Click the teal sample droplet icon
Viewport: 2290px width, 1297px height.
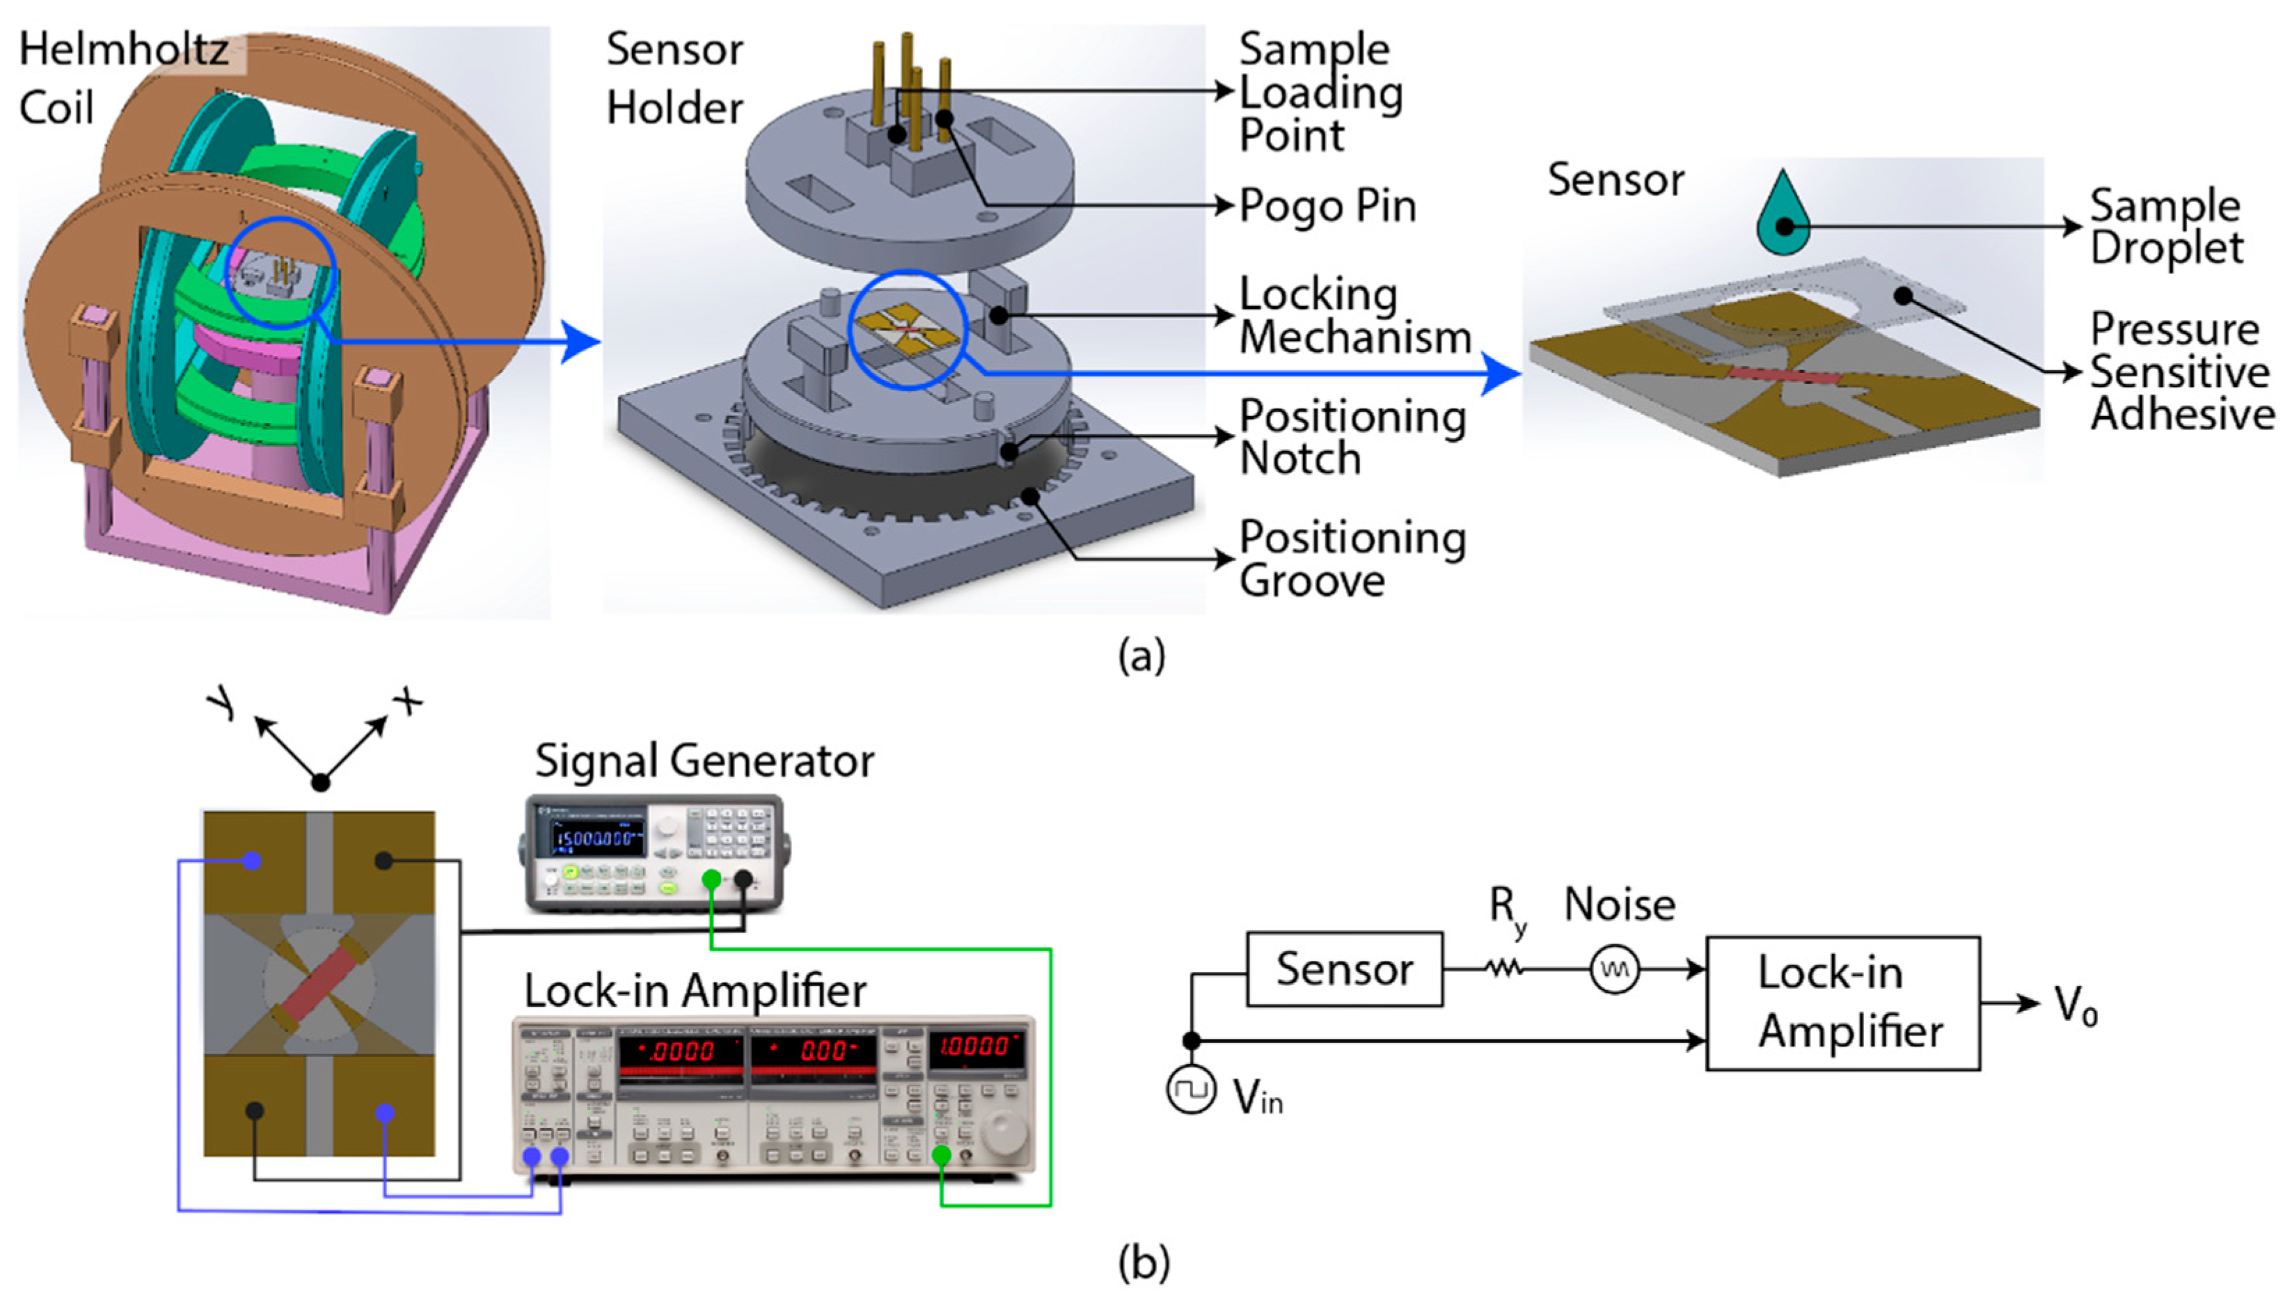pos(1783,216)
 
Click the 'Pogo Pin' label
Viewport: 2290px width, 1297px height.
pos(1327,207)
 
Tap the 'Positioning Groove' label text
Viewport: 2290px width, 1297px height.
pos(1352,559)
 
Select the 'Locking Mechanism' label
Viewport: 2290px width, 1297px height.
pos(1354,315)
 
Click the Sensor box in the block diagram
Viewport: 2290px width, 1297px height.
pos(1343,969)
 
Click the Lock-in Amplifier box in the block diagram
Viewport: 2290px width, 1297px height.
pos(1842,1002)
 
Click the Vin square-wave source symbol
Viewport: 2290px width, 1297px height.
pos(1190,1090)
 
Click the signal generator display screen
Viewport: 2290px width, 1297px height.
pos(598,836)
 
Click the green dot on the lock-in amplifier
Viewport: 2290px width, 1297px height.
pos(941,1155)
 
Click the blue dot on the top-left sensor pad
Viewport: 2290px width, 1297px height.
pos(252,861)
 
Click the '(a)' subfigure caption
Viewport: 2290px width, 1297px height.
pos(1142,657)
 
